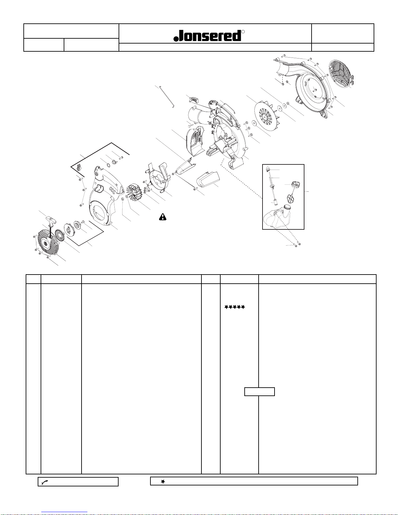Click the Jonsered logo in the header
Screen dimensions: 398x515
point(207,36)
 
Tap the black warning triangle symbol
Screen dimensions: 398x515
point(163,217)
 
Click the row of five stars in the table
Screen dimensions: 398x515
point(235,307)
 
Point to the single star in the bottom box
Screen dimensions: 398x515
point(163,482)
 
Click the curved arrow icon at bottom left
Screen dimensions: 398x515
point(45,483)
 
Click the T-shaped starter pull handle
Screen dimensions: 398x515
point(52,220)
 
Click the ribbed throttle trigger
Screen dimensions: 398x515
point(194,98)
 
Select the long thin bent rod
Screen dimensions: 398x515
point(167,97)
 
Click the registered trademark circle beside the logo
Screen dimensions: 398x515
point(243,32)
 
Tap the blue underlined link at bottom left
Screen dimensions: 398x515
point(64,512)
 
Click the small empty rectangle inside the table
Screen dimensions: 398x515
point(259,392)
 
